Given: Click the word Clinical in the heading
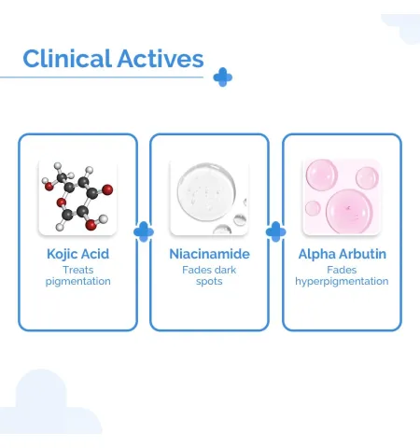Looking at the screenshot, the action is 67,59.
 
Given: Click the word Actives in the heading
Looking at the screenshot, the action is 161,59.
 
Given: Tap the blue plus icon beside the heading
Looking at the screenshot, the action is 223,77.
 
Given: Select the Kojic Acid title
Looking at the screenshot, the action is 77,254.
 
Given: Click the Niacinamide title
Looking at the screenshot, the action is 209,254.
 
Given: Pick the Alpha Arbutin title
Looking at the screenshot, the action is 343,254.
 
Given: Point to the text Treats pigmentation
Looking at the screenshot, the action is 78,275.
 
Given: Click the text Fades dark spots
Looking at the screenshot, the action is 209,275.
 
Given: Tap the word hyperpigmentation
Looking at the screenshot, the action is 342,282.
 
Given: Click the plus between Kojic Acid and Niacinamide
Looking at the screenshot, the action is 144,231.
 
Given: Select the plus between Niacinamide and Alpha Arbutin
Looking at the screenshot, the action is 275,231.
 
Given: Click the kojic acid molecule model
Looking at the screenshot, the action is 77,197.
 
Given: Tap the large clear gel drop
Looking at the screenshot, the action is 206,192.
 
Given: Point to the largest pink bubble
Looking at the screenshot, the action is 349,211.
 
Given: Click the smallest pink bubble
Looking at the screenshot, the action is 313,208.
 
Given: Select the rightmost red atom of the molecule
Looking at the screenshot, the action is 107,189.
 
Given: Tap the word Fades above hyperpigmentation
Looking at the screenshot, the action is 342,270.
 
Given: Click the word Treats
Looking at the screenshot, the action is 78,270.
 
